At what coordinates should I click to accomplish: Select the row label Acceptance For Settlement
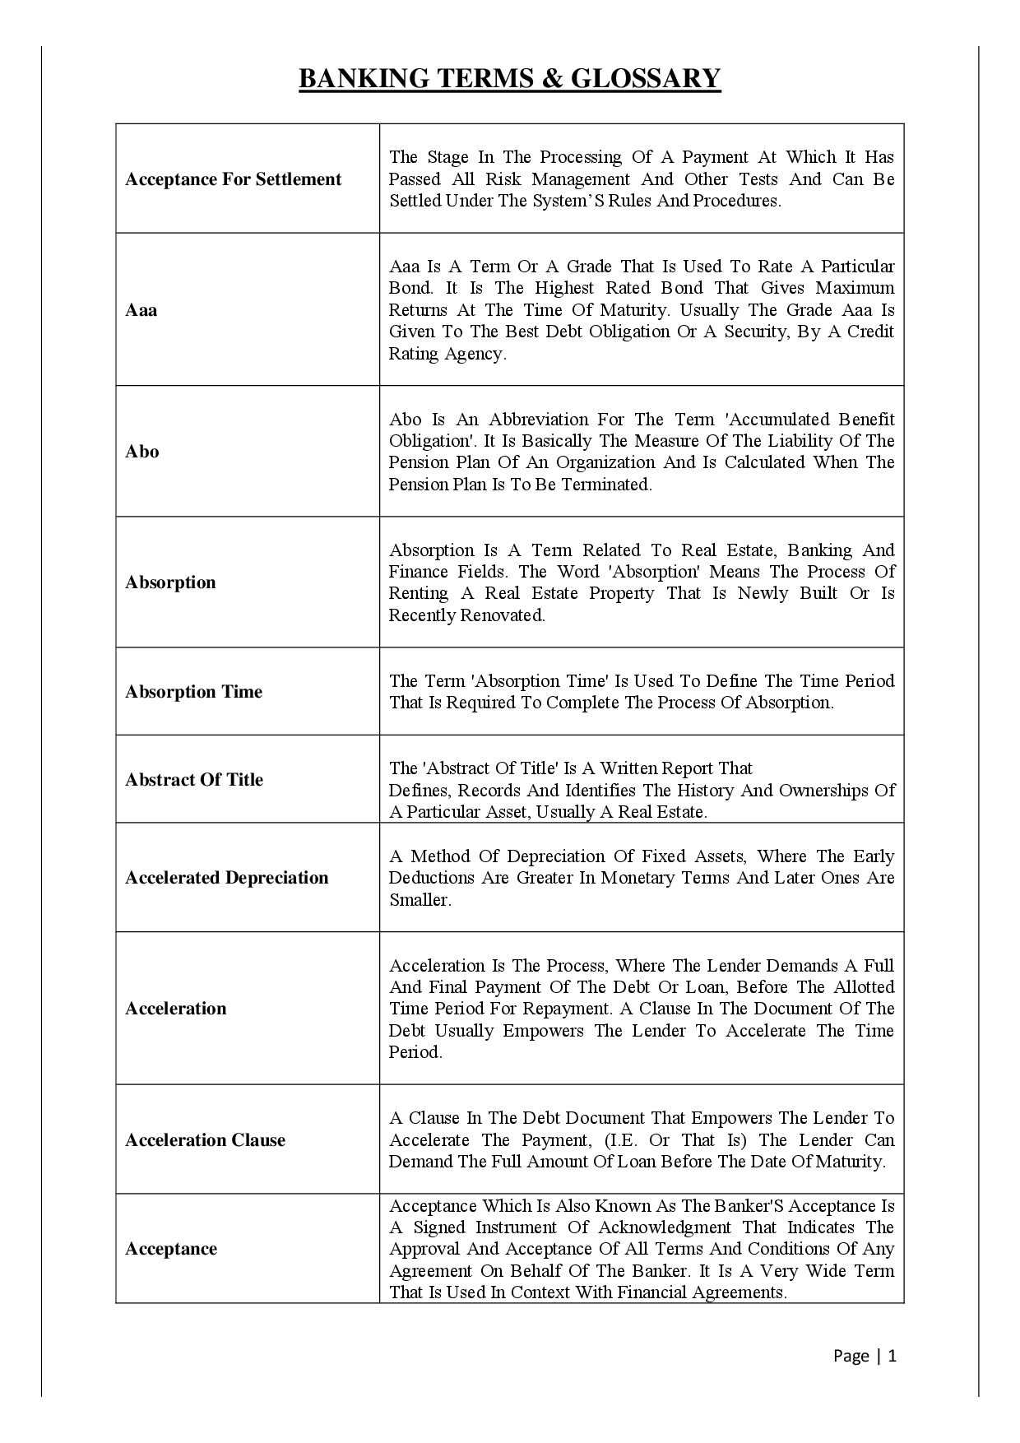coord(233,179)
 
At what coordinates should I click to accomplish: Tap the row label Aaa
coord(141,310)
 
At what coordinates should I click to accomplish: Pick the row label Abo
coord(141,452)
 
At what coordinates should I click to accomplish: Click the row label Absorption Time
coord(193,692)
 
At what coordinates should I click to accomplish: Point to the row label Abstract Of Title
coord(194,780)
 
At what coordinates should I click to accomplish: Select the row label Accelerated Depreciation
coord(226,878)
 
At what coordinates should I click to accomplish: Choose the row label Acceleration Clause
coord(205,1140)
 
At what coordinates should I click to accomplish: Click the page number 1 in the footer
coord(892,1356)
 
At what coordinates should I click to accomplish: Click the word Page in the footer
coord(851,1356)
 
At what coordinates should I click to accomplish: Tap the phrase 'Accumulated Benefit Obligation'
coord(642,429)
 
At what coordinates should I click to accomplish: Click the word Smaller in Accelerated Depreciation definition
coord(419,900)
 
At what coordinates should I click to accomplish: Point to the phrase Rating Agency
coord(446,354)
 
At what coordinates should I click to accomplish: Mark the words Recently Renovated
coord(466,615)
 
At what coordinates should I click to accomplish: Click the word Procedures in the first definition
coord(735,201)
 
